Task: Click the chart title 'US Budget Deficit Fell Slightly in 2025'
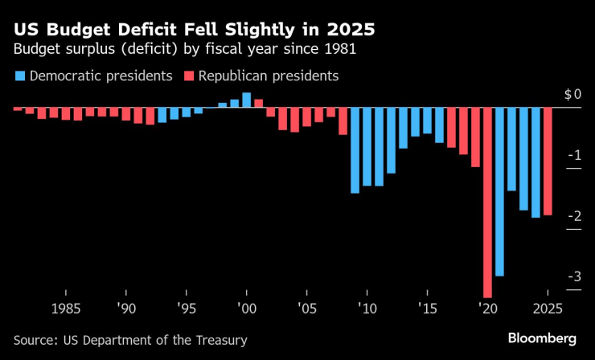pos(193,31)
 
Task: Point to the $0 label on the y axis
pos(571,95)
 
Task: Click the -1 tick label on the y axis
pos(575,155)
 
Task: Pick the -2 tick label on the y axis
pos(575,216)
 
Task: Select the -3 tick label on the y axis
pos(575,277)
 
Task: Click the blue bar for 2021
pos(499,191)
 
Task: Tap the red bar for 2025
pos(548,162)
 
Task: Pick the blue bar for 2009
pos(355,150)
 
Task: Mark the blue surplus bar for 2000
pos(246,100)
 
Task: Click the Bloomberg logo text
pos(542,336)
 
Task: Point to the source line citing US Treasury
pos(130,340)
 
